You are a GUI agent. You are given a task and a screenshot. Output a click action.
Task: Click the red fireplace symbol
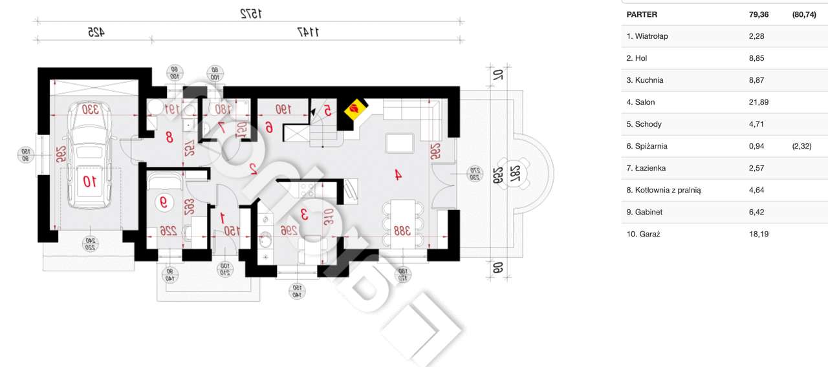(354, 109)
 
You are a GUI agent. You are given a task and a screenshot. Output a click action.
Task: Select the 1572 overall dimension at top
(249, 12)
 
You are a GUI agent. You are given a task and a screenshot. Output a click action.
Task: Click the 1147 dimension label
(308, 31)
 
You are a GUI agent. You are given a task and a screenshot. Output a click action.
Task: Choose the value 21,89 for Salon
(757, 102)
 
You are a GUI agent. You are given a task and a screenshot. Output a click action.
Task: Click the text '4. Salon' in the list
(640, 102)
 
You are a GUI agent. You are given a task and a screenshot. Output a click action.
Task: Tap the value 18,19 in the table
(757, 234)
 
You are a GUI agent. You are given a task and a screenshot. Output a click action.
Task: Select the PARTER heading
(642, 14)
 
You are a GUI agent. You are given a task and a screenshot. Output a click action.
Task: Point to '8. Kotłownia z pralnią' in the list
(664, 190)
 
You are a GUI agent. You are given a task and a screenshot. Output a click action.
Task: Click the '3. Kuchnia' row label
(644, 80)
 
